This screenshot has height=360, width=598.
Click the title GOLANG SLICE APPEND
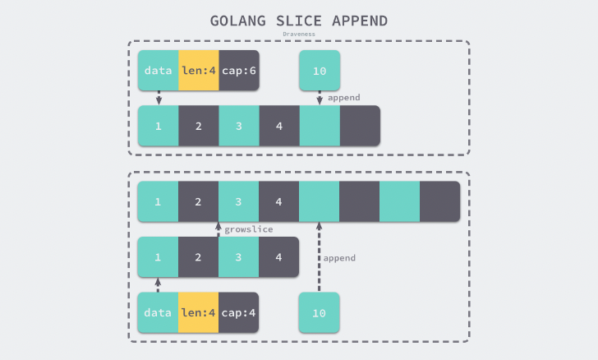tap(299, 21)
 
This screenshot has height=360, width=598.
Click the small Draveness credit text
tap(299, 35)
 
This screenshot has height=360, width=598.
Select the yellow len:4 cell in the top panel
tap(199, 71)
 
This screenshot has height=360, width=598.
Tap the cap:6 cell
tap(239, 71)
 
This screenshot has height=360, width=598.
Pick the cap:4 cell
tap(239, 312)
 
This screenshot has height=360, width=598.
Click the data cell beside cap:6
tap(159, 71)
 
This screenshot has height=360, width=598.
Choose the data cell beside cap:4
tap(159, 312)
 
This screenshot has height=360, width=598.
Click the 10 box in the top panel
tap(320, 71)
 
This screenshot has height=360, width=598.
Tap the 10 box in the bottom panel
tap(320, 312)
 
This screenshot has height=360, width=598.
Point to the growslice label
tap(249, 230)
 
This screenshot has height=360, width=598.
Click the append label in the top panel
tap(343, 98)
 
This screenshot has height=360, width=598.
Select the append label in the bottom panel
tap(339, 258)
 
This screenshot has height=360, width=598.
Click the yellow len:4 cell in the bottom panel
tap(199, 312)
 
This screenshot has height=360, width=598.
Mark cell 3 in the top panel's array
tap(239, 127)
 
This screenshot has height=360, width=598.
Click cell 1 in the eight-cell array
tap(159, 201)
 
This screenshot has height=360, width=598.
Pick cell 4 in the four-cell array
tap(279, 256)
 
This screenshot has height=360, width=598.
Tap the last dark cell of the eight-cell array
tap(440, 201)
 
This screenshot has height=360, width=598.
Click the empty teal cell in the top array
tap(320, 127)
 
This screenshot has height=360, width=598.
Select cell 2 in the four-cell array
tap(199, 256)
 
